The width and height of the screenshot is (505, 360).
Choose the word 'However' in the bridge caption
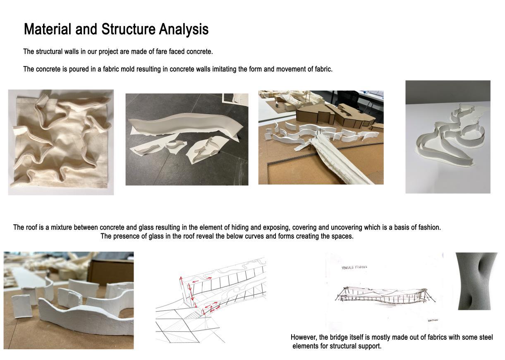(304, 338)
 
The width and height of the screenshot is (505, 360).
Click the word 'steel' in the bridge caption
(485, 338)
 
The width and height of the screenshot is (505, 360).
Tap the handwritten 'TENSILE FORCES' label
(354, 267)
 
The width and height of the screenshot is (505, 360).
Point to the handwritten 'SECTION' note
(433, 320)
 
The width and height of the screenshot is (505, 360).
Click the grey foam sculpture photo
(476, 281)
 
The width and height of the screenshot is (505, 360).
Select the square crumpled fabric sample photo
(61, 142)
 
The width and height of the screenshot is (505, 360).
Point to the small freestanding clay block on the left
(22, 306)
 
